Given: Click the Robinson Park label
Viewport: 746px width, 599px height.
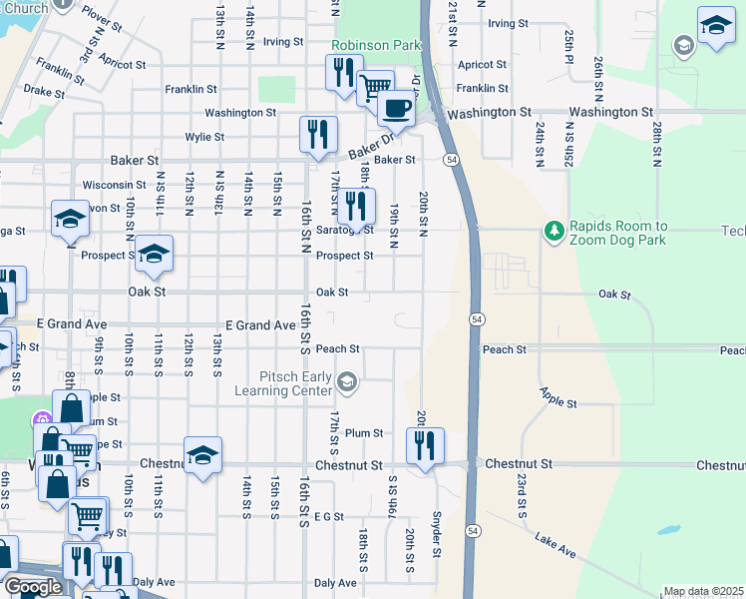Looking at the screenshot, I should click(x=376, y=46).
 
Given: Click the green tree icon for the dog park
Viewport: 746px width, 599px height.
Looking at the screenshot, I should click(x=554, y=232).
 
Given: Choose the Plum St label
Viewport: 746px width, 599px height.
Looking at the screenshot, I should click(x=364, y=432).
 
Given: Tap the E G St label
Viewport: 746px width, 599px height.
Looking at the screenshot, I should click(x=328, y=516).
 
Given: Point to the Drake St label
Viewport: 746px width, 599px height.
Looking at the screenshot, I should click(x=44, y=91).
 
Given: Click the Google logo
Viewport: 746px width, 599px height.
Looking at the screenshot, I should click(x=33, y=587).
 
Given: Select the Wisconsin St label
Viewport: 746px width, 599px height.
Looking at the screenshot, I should click(x=115, y=185).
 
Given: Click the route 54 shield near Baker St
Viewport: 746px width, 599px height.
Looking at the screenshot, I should click(x=452, y=160).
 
